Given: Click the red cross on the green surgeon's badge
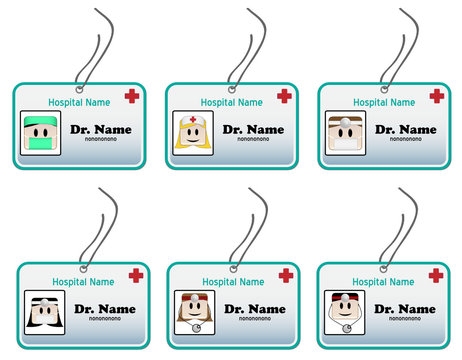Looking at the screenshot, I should click(132, 96).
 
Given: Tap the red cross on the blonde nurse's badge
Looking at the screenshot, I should click(285, 96).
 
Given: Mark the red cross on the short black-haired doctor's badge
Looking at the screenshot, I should click(436, 275).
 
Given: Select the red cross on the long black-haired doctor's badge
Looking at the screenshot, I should click(137, 275).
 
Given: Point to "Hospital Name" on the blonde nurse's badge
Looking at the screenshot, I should click(232, 102).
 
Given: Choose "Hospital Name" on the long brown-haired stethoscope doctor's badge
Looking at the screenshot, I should click(233, 282).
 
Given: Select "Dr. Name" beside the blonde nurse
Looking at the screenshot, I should click(253, 130).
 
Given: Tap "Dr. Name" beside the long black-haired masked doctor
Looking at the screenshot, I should click(105, 309).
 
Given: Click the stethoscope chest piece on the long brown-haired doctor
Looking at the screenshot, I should click(196, 327).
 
